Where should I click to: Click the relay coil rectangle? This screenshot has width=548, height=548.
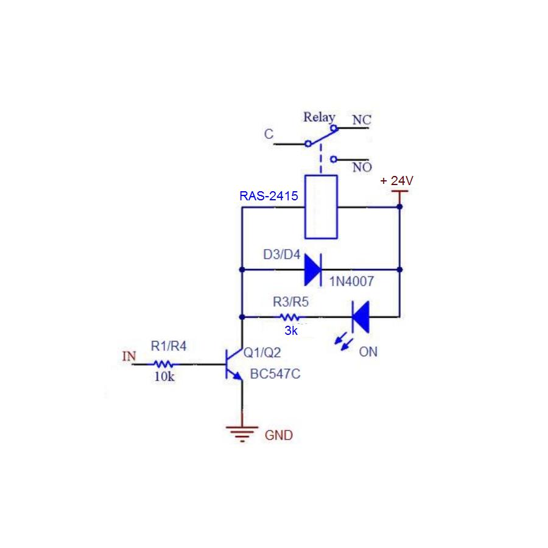click(321, 206)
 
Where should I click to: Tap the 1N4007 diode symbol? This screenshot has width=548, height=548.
click(313, 269)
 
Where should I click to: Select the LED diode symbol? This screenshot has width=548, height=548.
click(360, 317)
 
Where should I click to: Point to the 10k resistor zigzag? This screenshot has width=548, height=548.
click(164, 364)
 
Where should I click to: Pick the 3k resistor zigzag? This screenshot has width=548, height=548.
click(289, 317)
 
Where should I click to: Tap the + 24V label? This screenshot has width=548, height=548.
click(396, 181)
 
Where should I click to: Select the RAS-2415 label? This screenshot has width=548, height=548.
click(269, 196)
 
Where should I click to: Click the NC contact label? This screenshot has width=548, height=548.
click(362, 121)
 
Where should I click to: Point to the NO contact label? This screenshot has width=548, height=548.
click(362, 167)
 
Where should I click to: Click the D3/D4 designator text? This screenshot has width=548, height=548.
click(281, 255)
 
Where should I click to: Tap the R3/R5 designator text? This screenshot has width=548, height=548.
click(290, 301)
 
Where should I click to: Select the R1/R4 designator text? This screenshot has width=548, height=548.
click(169, 346)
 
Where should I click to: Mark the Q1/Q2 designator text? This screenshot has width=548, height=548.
click(262, 352)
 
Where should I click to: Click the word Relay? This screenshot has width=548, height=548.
click(320, 117)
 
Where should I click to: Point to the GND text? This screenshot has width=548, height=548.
click(278, 435)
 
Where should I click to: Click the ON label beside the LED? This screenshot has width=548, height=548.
click(368, 352)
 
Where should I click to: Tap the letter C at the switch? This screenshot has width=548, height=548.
click(269, 135)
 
